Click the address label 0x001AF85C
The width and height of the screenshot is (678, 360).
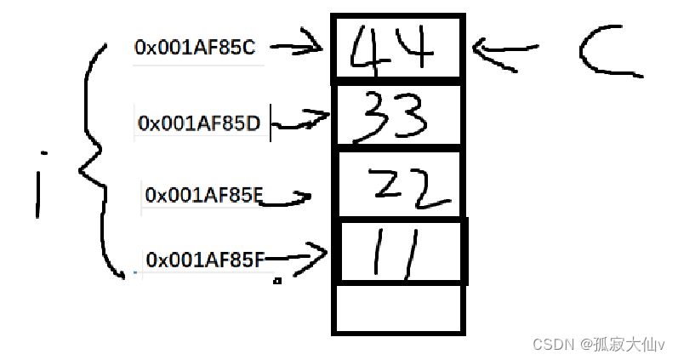pos(194,49)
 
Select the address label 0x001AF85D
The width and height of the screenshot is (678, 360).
pos(199,124)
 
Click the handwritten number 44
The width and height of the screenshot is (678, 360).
pos(395,49)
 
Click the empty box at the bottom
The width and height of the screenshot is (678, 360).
pos(399,308)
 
